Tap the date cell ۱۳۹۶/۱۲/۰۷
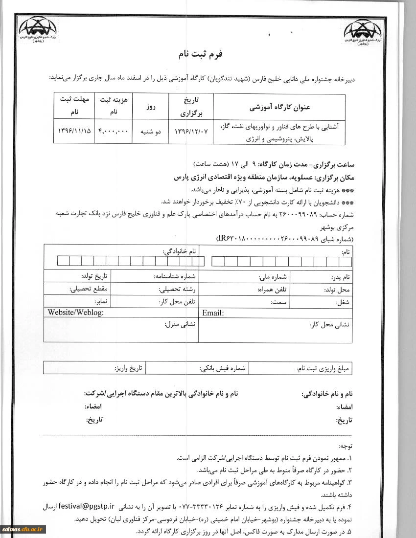(188, 132)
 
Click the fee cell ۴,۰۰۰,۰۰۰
(113, 132)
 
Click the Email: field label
(213, 313)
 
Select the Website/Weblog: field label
(76, 313)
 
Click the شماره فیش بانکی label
(222, 368)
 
